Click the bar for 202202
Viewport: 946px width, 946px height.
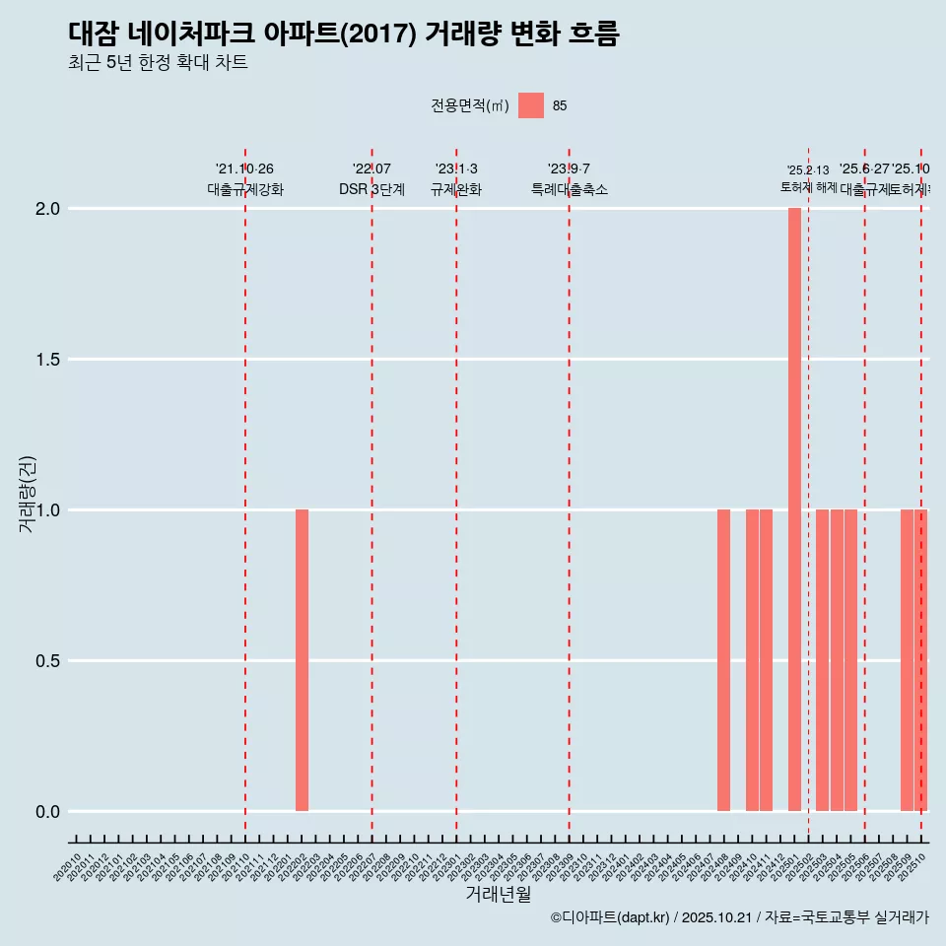pyautogui.click(x=302, y=660)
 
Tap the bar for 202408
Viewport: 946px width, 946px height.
pyautogui.click(x=723, y=660)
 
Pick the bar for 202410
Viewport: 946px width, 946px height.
pyautogui.click(x=752, y=660)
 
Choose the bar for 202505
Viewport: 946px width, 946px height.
pyautogui.click(x=850, y=660)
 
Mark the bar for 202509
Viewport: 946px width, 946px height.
pyautogui.click(x=907, y=660)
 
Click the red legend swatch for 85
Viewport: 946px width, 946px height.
pyautogui.click(x=531, y=105)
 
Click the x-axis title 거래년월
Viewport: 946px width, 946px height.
pyautogui.click(x=498, y=895)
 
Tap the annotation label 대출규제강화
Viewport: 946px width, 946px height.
pyautogui.click(x=245, y=190)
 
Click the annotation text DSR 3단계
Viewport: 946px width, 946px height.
pyautogui.click(x=372, y=190)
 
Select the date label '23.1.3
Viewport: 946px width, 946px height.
pyautogui.click(x=456, y=169)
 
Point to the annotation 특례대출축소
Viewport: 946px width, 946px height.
pyautogui.click(x=569, y=190)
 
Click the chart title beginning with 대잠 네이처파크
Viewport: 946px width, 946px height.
pyautogui.click(x=344, y=34)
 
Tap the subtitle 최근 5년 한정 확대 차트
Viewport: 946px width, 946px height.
pyautogui.click(x=158, y=63)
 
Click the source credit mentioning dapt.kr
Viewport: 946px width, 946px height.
pyautogui.click(x=739, y=917)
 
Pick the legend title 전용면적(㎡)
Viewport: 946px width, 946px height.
pyautogui.click(x=470, y=105)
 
